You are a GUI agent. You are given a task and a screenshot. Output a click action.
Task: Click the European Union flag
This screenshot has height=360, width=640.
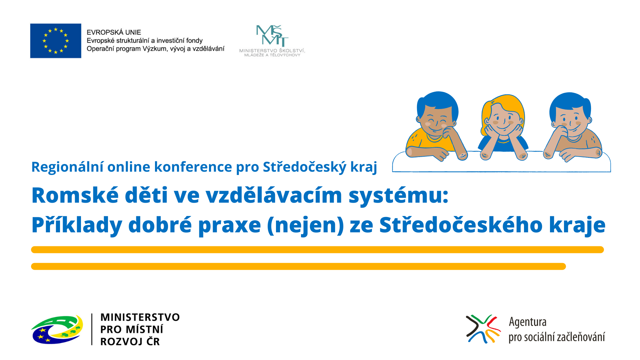coord(56,41)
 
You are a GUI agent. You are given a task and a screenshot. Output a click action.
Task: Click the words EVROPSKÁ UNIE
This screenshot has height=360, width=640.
coord(114,32)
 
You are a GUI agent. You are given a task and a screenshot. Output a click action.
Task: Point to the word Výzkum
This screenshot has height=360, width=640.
coord(155,49)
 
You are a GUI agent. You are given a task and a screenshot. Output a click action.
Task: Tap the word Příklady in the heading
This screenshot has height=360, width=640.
coord(77,225)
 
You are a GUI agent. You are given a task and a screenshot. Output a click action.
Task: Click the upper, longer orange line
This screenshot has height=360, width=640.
coord(317,250)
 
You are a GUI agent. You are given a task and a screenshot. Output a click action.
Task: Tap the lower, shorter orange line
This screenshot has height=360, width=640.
coord(298,266)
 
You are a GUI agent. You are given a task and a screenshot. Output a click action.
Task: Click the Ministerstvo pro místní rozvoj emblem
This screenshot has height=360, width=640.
coord(57,329)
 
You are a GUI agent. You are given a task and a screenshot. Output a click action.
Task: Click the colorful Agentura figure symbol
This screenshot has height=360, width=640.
coord(483,329)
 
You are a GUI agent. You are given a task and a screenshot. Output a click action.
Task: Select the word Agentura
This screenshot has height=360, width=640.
coord(528,322)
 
